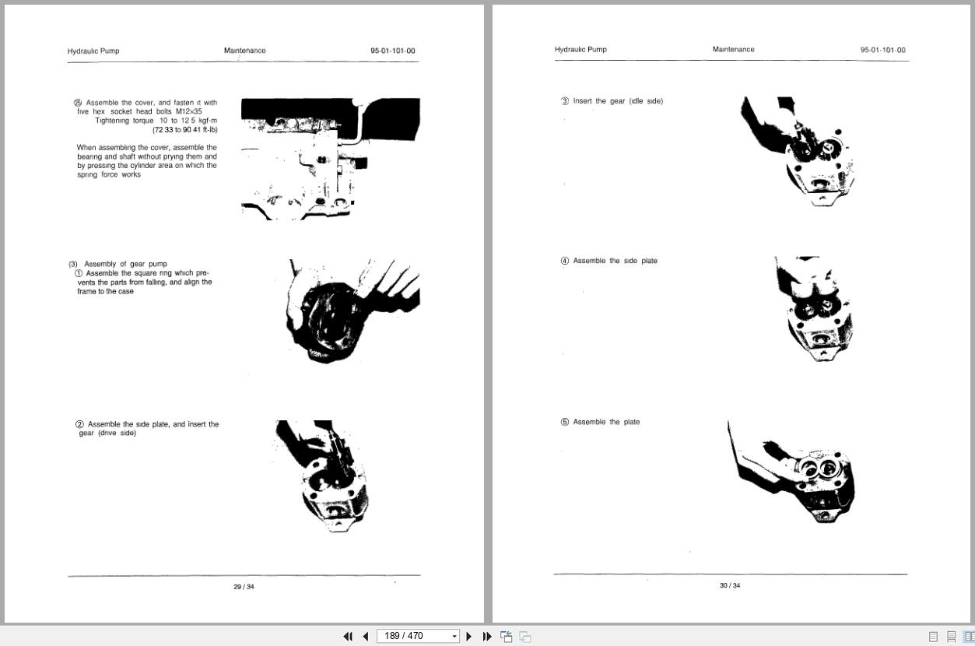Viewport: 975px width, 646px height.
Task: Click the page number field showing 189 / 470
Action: [412, 636]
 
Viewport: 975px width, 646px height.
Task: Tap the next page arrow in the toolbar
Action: [468, 636]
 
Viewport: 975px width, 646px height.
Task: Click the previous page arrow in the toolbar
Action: [365, 636]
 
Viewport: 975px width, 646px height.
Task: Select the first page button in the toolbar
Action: [348, 636]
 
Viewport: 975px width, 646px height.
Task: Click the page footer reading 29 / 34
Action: [244, 587]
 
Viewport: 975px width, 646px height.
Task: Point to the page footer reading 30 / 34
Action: [730, 585]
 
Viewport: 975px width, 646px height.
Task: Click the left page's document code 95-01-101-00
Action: [392, 51]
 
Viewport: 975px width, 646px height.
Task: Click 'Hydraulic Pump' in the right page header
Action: [580, 50]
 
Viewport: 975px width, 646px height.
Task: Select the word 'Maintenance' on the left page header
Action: [244, 51]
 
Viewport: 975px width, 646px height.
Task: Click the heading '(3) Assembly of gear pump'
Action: [117, 264]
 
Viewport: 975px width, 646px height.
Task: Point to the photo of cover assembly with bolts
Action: [330, 159]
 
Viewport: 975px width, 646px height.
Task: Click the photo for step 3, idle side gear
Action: [798, 151]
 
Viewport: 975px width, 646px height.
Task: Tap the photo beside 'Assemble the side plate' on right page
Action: [813, 309]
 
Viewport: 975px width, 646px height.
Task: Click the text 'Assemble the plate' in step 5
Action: [606, 422]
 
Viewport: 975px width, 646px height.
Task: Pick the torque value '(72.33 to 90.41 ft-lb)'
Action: [185, 130]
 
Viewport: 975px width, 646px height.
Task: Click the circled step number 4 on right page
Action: [565, 261]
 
